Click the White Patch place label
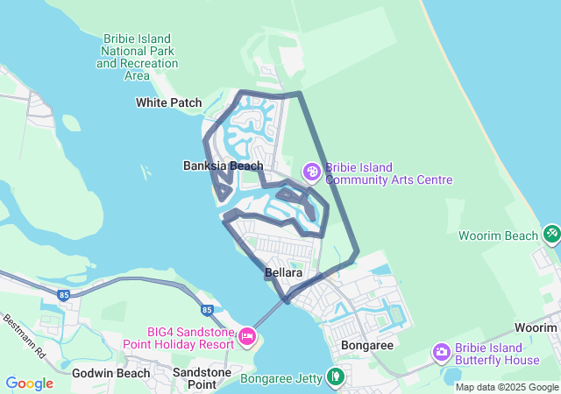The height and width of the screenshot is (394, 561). [169, 102]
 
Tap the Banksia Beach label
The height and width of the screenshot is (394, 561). [223, 165]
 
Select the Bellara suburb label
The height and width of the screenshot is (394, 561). [283, 273]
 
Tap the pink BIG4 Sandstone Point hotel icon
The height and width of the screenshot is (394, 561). [247, 334]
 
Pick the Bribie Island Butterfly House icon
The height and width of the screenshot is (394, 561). [442, 351]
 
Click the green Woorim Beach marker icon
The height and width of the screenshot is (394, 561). [551, 234]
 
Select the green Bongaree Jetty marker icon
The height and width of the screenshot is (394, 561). [334, 376]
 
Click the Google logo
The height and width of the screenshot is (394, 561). [29, 383]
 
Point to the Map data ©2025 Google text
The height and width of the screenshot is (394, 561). [508, 387]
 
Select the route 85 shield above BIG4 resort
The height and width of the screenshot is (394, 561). [207, 309]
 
